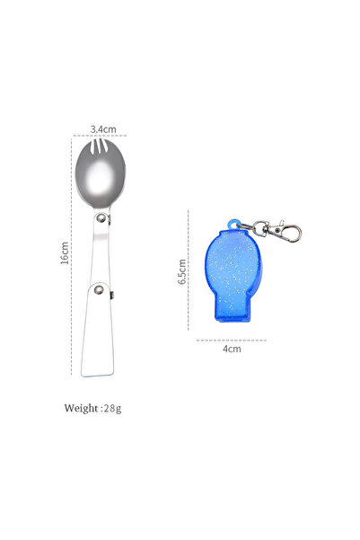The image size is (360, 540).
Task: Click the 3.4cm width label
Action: [103, 128]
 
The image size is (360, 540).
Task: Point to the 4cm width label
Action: [233, 349]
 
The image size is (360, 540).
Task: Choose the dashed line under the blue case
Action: [233, 340]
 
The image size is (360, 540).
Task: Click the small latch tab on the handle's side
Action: [113, 297]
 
